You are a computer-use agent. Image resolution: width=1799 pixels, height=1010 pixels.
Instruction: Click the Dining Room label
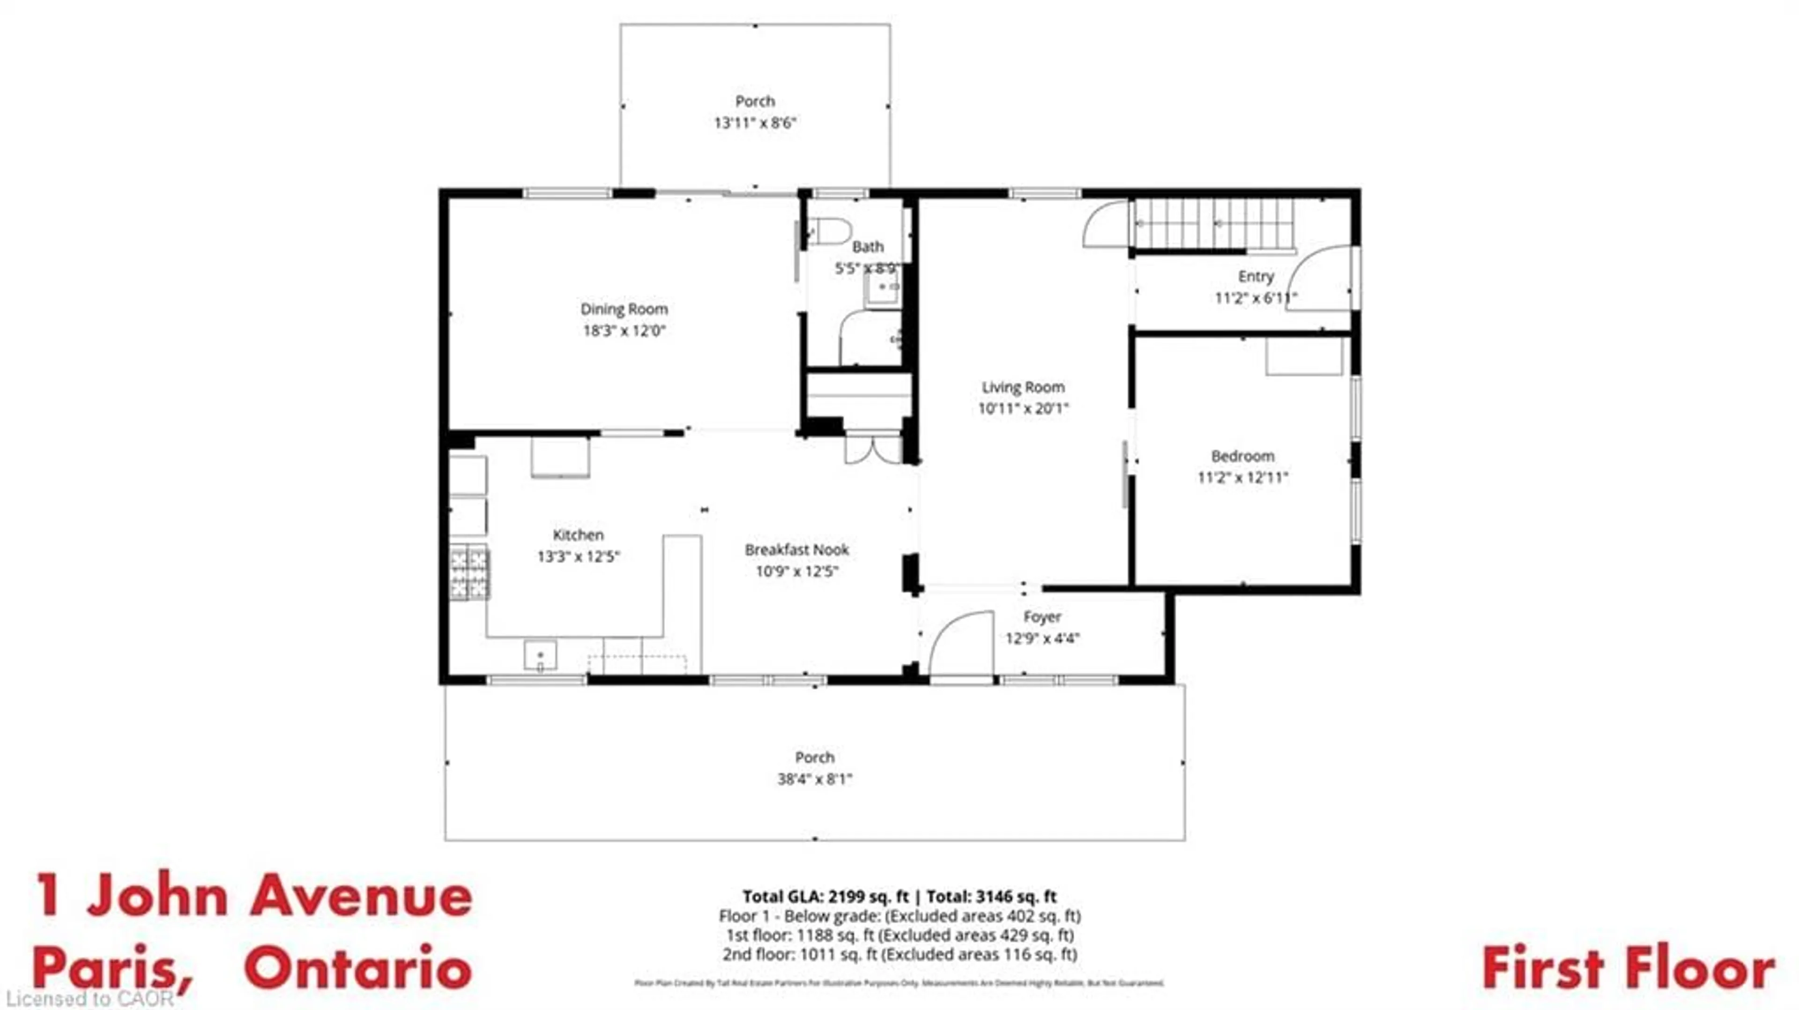click(624, 309)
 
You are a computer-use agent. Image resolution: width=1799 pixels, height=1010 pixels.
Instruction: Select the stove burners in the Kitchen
click(469, 573)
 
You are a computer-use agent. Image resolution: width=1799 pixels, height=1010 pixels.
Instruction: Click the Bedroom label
click(1242, 456)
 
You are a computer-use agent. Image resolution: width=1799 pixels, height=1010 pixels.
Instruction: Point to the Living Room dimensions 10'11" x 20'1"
click(1023, 408)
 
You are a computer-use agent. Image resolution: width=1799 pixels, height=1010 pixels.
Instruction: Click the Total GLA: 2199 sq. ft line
click(899, 896)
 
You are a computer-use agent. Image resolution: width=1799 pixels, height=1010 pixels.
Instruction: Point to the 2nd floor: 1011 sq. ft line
click(899, 954)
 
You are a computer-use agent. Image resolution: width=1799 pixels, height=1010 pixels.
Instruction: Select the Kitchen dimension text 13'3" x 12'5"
click(578, 557)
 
